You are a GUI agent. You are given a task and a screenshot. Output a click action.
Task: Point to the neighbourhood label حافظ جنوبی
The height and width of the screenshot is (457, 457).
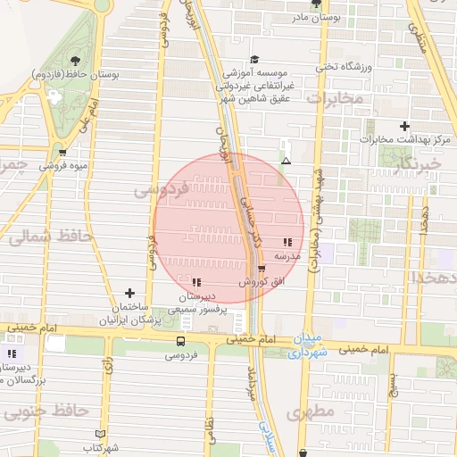(x=46, y=411)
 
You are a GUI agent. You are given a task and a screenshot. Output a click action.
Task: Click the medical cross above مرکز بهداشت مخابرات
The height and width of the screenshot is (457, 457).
(x=405, y=126)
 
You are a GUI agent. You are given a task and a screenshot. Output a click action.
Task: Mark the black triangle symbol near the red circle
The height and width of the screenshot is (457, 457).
(x=286, y=161)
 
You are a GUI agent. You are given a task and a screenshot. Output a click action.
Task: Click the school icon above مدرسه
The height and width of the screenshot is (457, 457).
(x=287, y=242)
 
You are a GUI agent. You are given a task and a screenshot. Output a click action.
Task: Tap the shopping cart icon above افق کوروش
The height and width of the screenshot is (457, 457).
(x=261, y=268)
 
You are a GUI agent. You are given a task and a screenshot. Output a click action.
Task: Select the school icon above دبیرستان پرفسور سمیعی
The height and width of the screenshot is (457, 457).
(x=196, y=283)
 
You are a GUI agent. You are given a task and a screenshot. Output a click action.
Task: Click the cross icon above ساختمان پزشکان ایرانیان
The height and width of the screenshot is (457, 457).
(x=130, y=293)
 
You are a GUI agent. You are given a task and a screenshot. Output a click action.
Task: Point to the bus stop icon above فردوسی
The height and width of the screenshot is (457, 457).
(x=181, y=341)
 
